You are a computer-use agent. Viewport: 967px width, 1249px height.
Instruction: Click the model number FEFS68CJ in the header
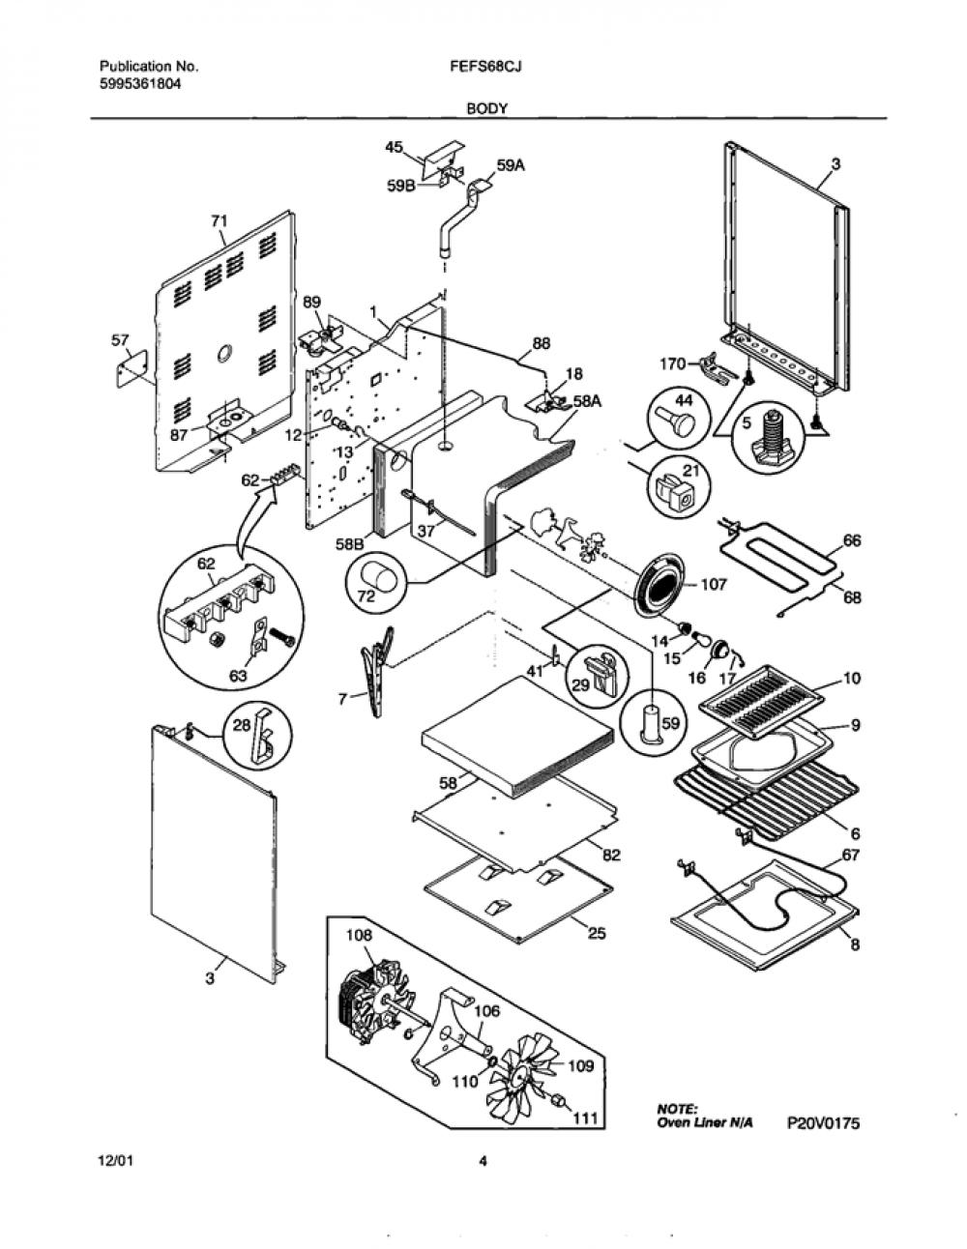tap(485, 67)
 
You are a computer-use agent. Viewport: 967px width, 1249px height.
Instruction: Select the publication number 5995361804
tap(141, 84)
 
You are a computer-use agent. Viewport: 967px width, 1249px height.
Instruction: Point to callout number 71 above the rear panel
tap(220, 220)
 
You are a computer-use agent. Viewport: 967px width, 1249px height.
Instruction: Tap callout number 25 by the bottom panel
tap(598, 934)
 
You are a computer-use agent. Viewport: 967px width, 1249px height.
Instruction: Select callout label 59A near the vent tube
tap(511, 166)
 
